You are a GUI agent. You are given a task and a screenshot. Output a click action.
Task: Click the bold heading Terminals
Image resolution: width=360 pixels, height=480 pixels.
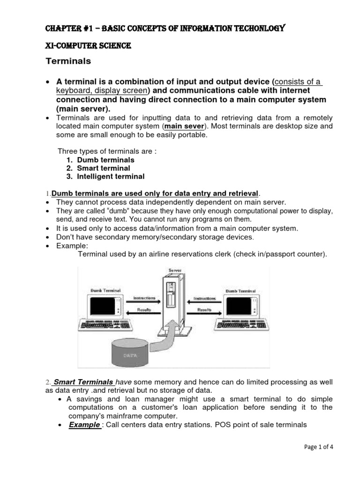[68, 61]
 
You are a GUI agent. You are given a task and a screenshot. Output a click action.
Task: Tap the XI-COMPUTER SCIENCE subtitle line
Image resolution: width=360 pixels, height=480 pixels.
[88, 45]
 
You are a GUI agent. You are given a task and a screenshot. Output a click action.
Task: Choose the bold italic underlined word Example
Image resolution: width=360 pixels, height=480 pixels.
[84, 425]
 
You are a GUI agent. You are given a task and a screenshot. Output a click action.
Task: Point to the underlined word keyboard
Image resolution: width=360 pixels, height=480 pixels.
[71, 91]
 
